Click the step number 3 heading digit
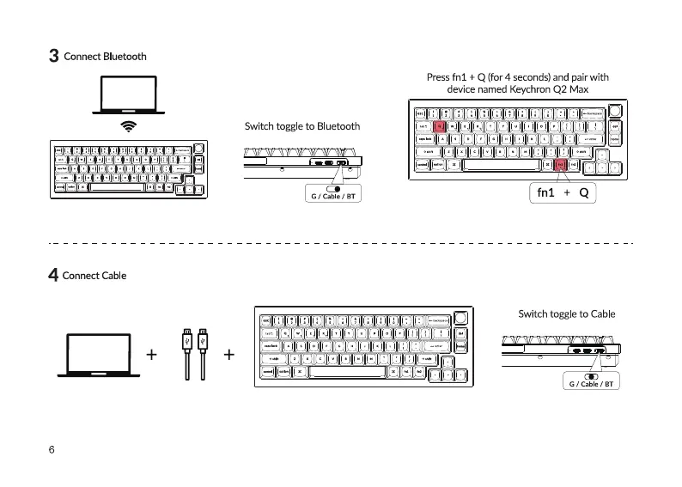click(x=53, y=57)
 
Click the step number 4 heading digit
click(x=53, y=276)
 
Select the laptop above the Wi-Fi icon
click(x=129, y=94)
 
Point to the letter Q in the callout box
click(x=583, y=193)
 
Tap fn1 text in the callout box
click(x=546, y=193)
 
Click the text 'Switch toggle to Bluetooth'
click(x=302, y=126)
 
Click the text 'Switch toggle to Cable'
click(x=566, y=314)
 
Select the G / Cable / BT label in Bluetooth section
click(x=332, y=198)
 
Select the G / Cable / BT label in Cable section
click(x=591, y=384)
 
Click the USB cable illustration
click(x=194, y=352)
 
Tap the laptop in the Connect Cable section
click(x=98, y=353)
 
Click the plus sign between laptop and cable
click(x=152, y=353)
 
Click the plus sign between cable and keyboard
click(x=229, y=353)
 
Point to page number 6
click(x=52, y=450)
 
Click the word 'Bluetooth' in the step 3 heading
click(x=125, y=57)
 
